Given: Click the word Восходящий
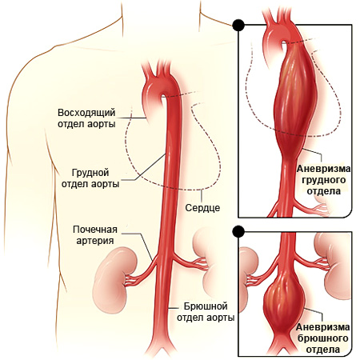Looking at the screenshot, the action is click(86, 113).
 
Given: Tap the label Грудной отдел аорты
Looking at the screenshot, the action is click(90, 178).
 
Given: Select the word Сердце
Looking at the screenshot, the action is click(202, 208).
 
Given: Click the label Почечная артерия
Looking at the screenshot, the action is click(95, 235).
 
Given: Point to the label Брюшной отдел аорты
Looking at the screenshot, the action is click(206, 312).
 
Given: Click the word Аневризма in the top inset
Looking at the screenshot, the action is click(323, 169).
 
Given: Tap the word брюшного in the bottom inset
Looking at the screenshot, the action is click(323, 338).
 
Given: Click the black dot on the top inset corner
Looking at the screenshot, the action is click(238, 25).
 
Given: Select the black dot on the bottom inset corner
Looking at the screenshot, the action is click(238, 231).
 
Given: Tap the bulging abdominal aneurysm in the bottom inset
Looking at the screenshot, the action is click(285, 304).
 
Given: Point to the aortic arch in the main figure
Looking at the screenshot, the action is click(160, 86).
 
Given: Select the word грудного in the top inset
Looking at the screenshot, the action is click(323, 180).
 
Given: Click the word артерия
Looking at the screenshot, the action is click(95, 241).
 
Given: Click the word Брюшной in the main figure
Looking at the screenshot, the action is click(206, 306).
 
